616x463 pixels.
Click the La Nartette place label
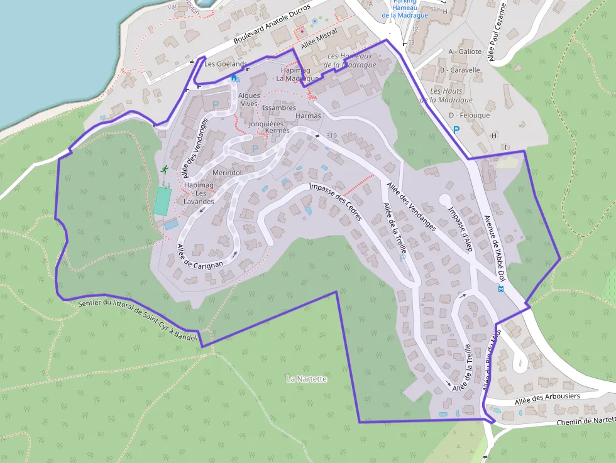[x=307, y=379]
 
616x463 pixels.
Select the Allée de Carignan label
[x=200, y=257]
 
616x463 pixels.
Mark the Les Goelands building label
[x=226, y=64]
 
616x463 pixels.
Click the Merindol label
[x=227, y=172]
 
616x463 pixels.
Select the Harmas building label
[x=308, y=116]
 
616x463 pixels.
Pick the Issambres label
[x=279, y=107]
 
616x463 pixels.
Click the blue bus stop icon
[x=500, y=289]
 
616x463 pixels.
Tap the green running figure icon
[x=164, y=170]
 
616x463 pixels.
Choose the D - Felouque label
[x=469, y=116]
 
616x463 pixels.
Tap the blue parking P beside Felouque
[x=456, y=129]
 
